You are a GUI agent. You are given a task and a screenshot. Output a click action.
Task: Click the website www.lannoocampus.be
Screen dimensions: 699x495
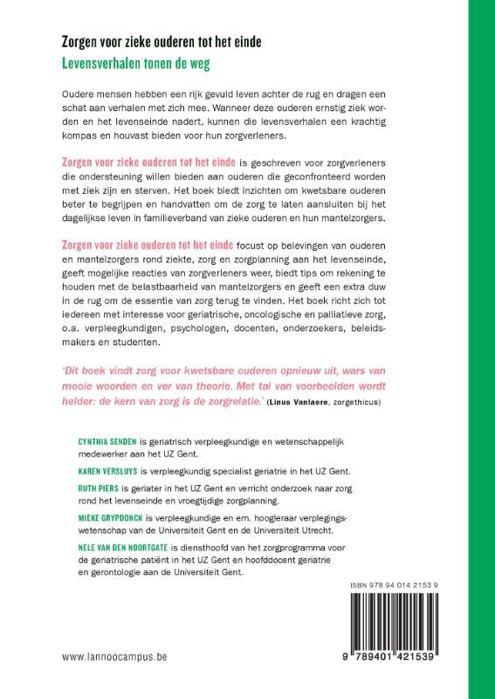[x=113, y=679]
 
